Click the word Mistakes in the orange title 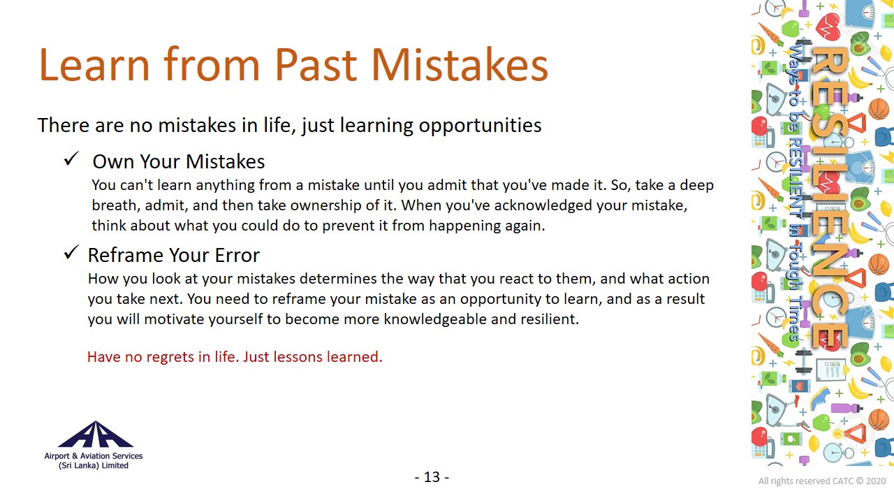pyautogui.click(x=460, y=65)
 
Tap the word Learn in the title pyautogui.click(x=94, y=65)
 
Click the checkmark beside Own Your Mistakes pyautogui.click(x=71, y=159)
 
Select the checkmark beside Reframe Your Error pyautogui.click(x=71, y=252)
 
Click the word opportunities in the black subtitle pyautogui.click(x=480, y=126)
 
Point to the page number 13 pyautogui.click(x=432, y=477)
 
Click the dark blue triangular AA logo pyautogui.click(x=96, y=434)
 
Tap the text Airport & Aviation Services pyautogui.click(x=94, y=456)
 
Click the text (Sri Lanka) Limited pyautogui.click(x=94, y=465)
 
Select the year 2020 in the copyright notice pyautogui.click(x=876, y=481)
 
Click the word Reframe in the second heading pyautogui.click(x=126, y=255)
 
